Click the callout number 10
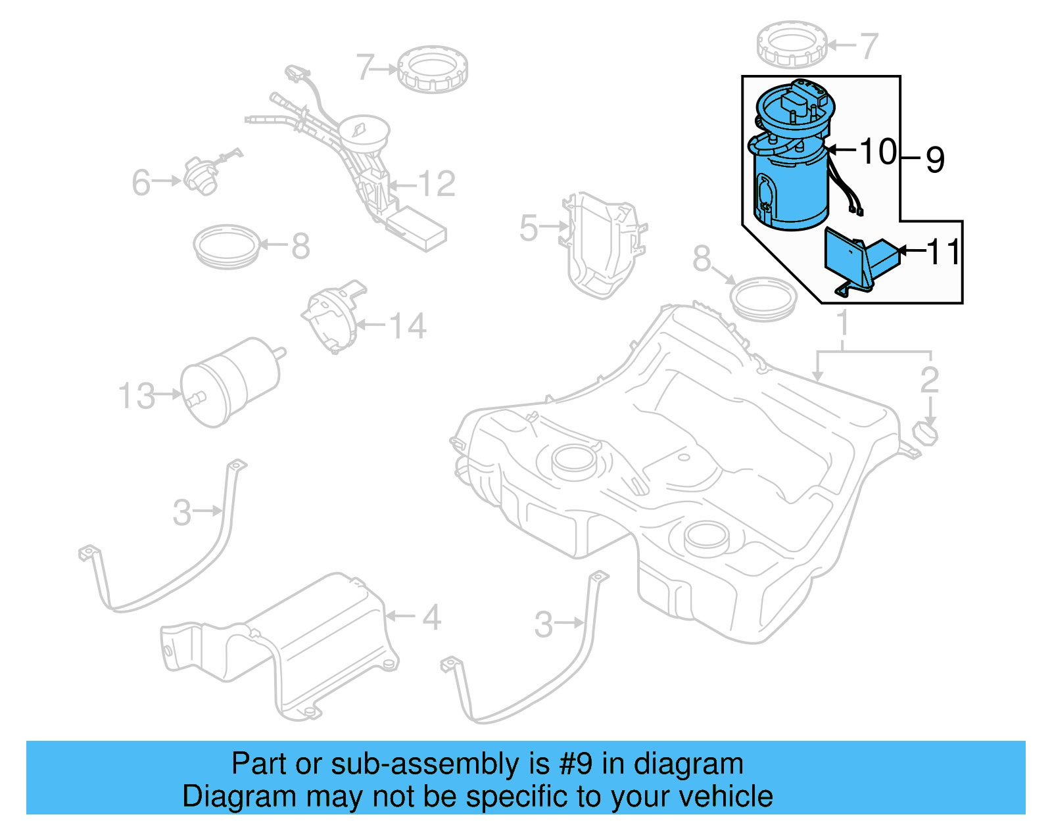(x=878, y=152)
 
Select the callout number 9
(x=935, y=160)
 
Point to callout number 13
(x=137, y=396)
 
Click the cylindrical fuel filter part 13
(x=230, y=381)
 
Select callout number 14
(x=408, y=326)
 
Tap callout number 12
(x=436, y=184)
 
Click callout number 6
(x=141, y=182)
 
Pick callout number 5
(x=529, y=228)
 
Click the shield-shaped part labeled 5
(x=602, y=246)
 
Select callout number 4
(x=431, y=617)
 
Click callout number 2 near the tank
(x=929, y=380)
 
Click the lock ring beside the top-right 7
(x=792, y=44)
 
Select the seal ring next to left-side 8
(x=227, y=246)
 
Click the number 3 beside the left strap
(x=181, y=513)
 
